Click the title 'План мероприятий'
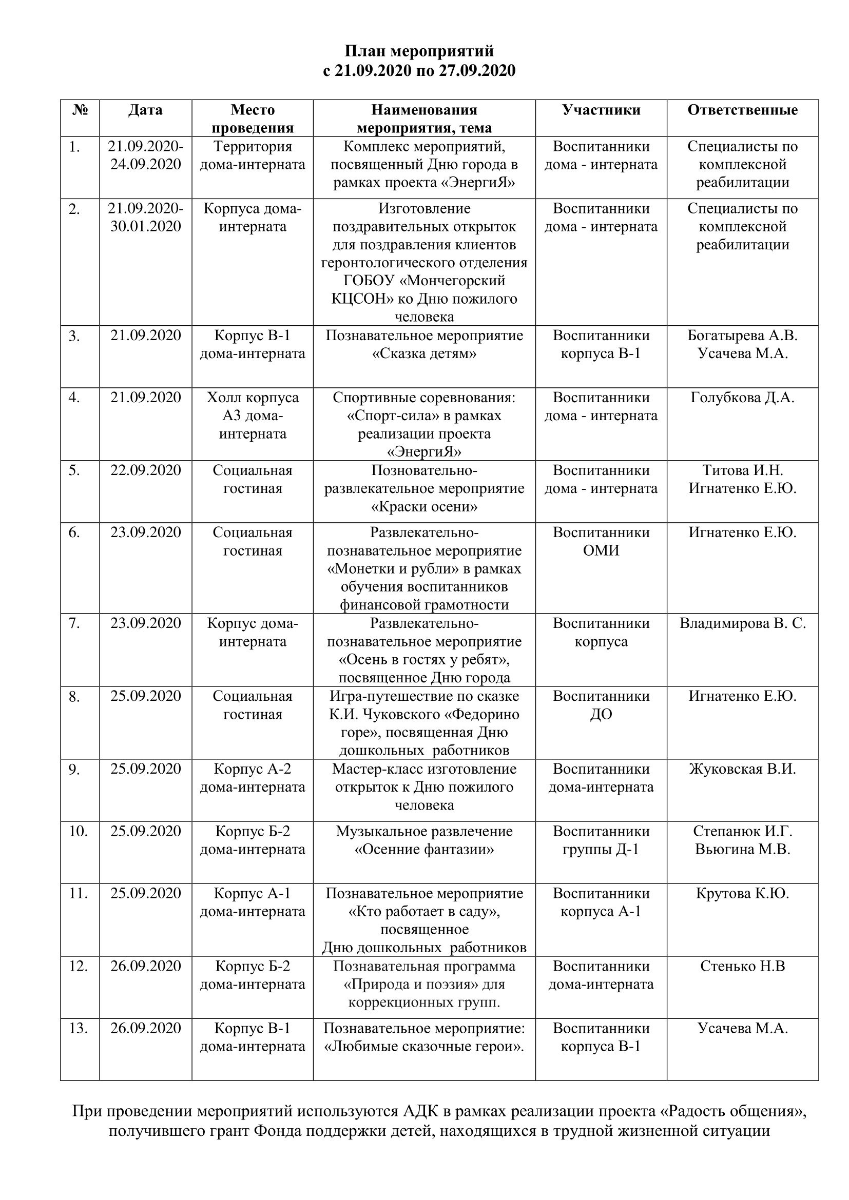tap(419, 51)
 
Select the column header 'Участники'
tap(601, 110)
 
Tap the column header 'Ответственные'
tap(742, 110)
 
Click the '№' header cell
tap(80, 110)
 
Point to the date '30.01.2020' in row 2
tap(145, 226)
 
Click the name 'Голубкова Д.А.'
tap(742, 398)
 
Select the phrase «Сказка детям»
tap(424, 353)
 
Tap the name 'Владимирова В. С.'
tap(742, 623)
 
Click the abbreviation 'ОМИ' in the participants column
tap(601, 550)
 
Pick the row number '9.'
tap(74, 770)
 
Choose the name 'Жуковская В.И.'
tap(742, 769)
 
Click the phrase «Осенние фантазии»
tap(424, 849)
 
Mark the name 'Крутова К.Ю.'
tap(742, 893)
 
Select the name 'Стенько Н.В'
tap(742, 966)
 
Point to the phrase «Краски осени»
tap(424, 506)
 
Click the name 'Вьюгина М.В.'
tap(742, 849)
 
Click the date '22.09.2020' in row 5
tap(145, 470)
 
